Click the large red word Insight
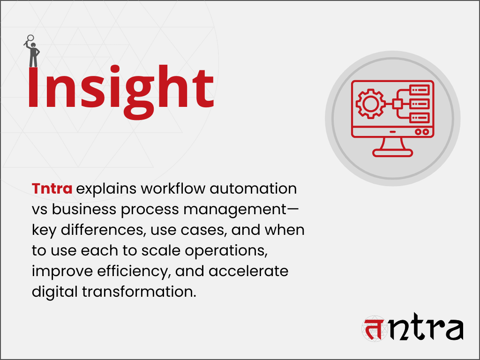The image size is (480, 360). tap(120, 89)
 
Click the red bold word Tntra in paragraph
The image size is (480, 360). tap(52, 189)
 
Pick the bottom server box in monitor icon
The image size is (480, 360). tap(419, 117)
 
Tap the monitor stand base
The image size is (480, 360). tap(393, 152)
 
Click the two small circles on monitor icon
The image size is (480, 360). tap(421, 132)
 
